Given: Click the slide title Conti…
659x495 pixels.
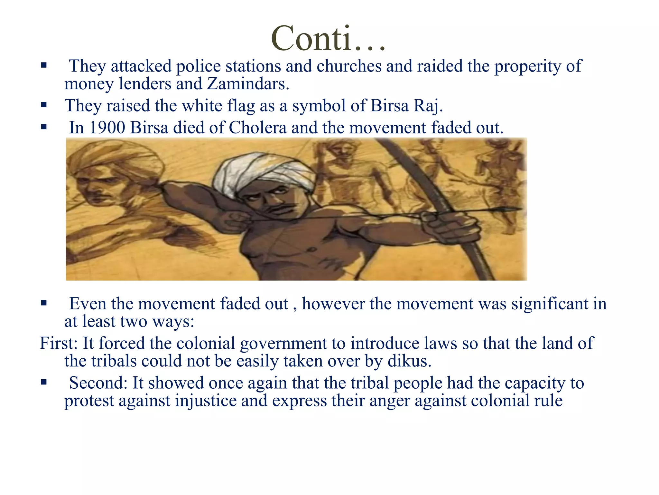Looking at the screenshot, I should click(328, 39).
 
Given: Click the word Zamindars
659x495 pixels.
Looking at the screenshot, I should click(248, 84).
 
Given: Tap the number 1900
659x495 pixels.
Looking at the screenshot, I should click(107, 128).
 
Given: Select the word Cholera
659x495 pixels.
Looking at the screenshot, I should click(257, 128).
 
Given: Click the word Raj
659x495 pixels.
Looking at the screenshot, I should click(428, 106).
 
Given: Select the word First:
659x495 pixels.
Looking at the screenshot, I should click(59, 343).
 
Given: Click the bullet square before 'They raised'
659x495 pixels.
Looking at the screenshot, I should click(44, 105).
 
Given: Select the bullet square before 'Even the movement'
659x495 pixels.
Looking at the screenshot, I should click(44, 303).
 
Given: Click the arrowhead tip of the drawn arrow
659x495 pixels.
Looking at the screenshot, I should click(518, 209).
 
